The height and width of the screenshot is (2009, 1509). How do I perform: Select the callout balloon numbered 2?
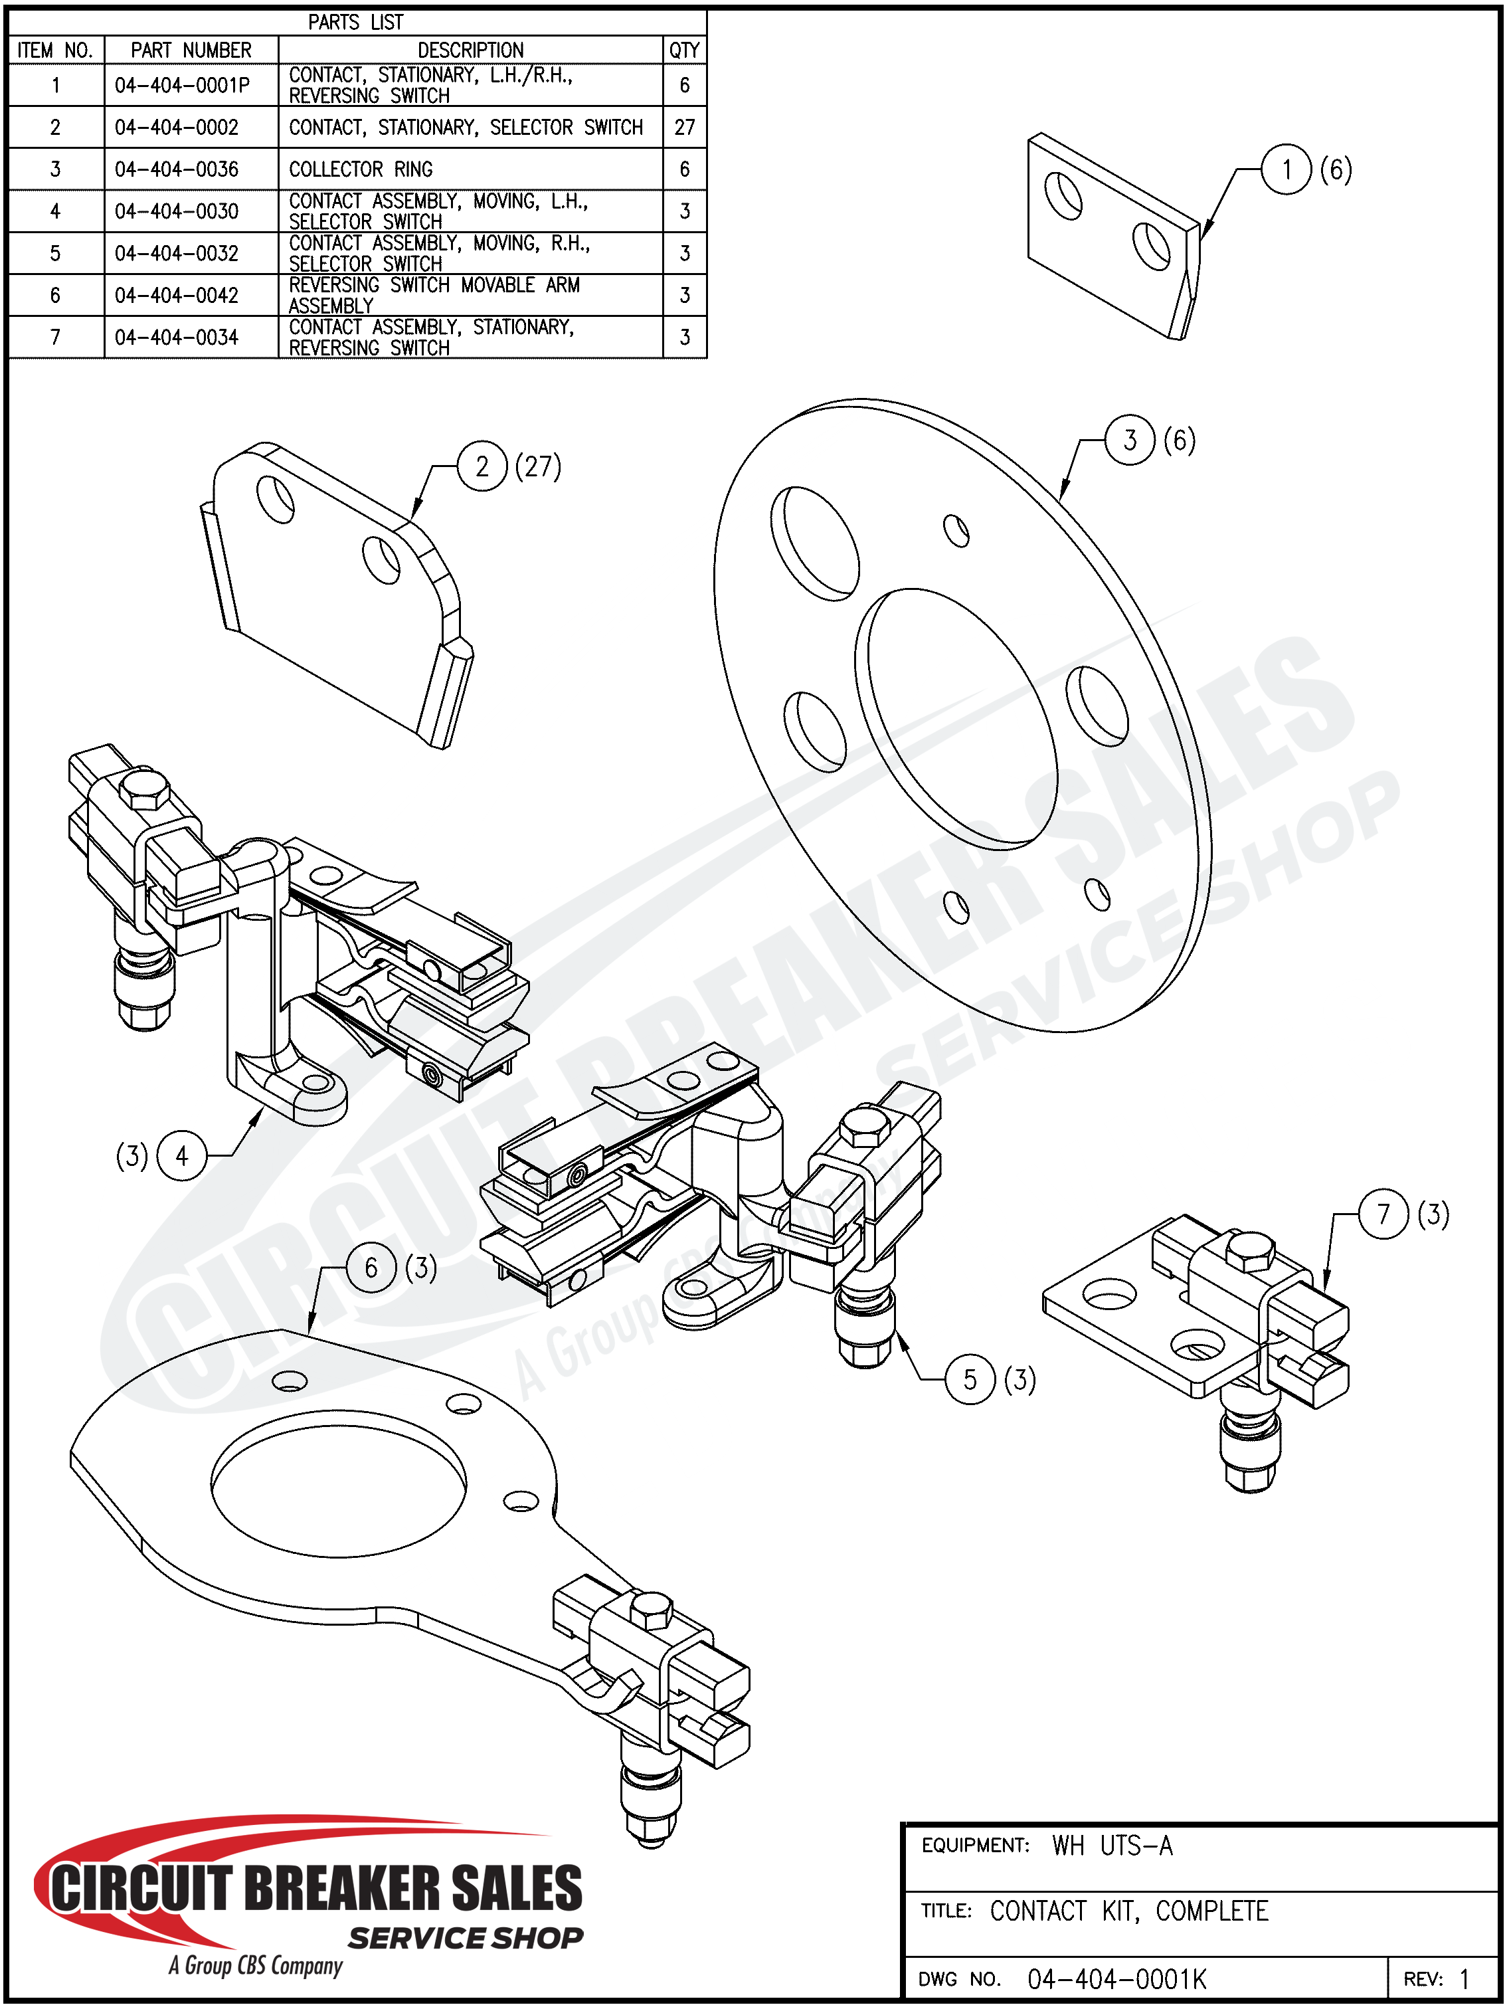point(482,467)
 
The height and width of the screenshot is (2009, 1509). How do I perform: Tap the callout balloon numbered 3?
point(1130,440)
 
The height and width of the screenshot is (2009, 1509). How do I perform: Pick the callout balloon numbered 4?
point(183,1155)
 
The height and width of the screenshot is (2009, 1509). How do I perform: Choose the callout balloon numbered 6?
point(371,1267)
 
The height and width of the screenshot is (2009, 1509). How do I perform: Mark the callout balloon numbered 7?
point(1383,1214)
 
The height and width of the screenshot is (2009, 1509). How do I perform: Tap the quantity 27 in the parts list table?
point(685,127)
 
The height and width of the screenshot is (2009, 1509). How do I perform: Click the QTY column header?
point(685,50)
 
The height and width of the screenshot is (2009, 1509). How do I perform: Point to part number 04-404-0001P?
point(181,86)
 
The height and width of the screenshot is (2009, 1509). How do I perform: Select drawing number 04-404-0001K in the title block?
point(1116,1978)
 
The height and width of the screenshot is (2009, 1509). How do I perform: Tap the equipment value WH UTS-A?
point(1112,1846)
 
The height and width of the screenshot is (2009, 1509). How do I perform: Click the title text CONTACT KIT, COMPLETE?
point(1128,1911)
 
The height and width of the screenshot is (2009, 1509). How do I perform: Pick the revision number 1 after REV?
point(1465,1978)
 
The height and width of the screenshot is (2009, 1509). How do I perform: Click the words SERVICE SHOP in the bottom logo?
point(466,1938)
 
